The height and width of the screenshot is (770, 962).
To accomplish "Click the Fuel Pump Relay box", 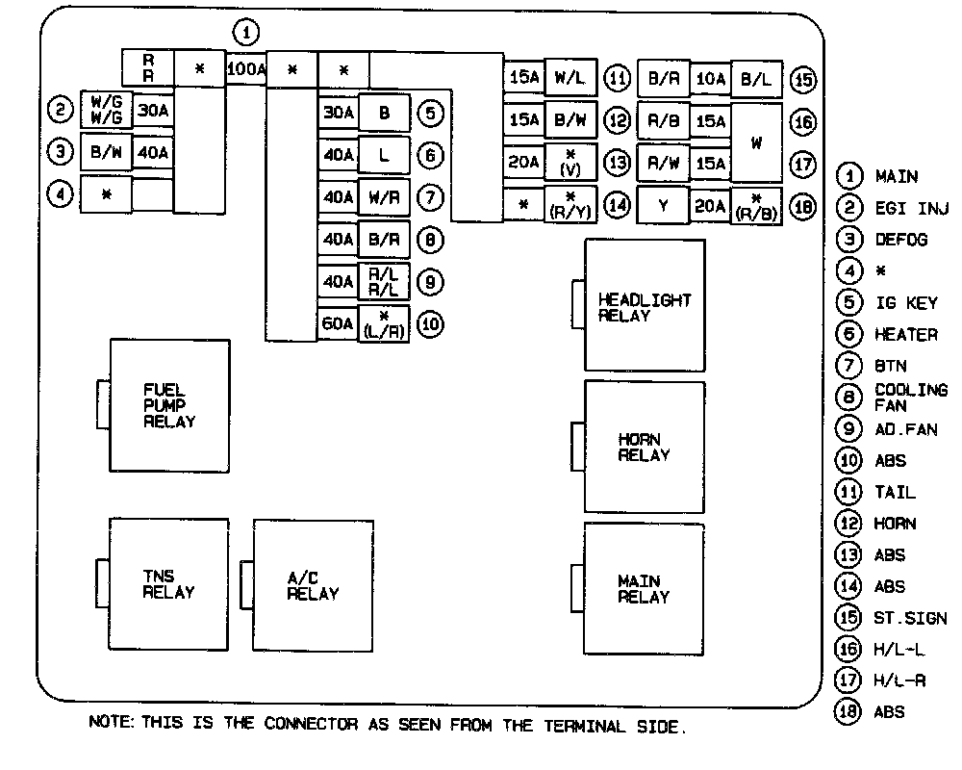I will point(169,405).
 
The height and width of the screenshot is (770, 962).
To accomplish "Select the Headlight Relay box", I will point(645,305).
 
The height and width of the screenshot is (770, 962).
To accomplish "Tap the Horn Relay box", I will point(645,447).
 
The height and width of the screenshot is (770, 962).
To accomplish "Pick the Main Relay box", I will point(645,588).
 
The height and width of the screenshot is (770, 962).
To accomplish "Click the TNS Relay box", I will point(169,584).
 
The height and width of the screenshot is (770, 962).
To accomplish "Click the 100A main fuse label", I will point(245,69).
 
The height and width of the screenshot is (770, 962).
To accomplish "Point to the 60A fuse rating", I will point(338,323).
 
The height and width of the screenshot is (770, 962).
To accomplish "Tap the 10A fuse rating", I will point(710,79).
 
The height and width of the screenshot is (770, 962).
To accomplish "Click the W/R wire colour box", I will point(384,196).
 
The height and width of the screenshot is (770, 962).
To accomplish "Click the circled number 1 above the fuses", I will point(247,34).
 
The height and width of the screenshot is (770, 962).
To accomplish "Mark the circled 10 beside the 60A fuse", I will point(430,324).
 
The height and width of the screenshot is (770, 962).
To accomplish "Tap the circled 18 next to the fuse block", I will point(801,206).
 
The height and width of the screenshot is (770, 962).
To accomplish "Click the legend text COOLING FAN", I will point(910,398).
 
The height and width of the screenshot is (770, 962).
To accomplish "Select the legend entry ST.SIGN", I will point(910,618).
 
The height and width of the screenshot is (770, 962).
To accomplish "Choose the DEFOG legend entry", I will point(900,240).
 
